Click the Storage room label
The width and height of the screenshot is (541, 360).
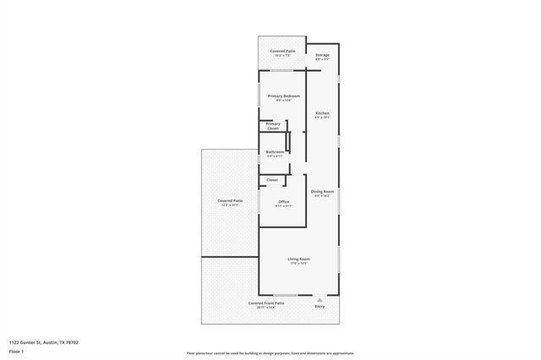click(x=322, y=55)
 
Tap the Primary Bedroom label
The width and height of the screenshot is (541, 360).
click(x=284, y=96)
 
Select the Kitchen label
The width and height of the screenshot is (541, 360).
click(x=322, y=113)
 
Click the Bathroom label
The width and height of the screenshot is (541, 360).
click(x=276, y=152)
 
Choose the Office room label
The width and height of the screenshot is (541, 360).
click(x=283, y=201)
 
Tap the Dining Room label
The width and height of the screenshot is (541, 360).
click(x=322, y=192)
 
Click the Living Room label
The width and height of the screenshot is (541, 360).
click(x=298, y=259)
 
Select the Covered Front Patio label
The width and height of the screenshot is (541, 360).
click(x=265, y=303)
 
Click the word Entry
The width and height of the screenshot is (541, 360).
click(x=320, y=306)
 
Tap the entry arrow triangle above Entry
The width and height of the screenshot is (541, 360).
click(x=320, y=298)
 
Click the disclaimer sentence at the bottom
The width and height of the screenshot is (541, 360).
click(x=270, y=353)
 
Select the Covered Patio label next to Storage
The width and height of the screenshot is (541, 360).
click(x=282, y=51)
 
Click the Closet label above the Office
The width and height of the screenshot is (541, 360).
click(x=272, y=180)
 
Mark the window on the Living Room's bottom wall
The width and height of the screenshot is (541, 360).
click(x=285, y=295)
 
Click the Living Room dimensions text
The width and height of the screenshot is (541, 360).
click(x=298, y=264)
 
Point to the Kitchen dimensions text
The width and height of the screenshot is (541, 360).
click(x=322, y=117)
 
